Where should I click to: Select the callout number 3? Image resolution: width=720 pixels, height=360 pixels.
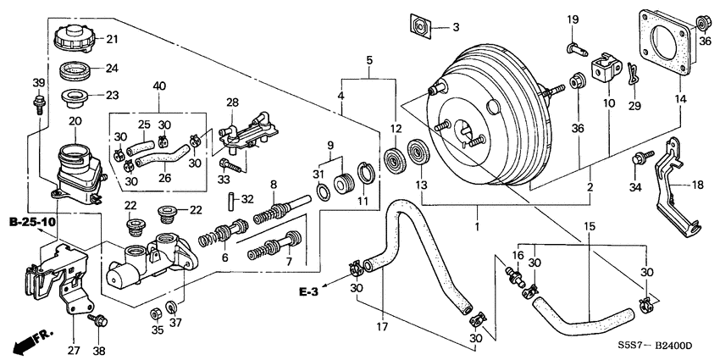click(455, 28)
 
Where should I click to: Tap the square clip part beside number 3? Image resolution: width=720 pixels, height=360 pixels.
click(420, 26)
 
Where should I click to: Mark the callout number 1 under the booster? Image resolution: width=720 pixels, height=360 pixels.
click(477, 227)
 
